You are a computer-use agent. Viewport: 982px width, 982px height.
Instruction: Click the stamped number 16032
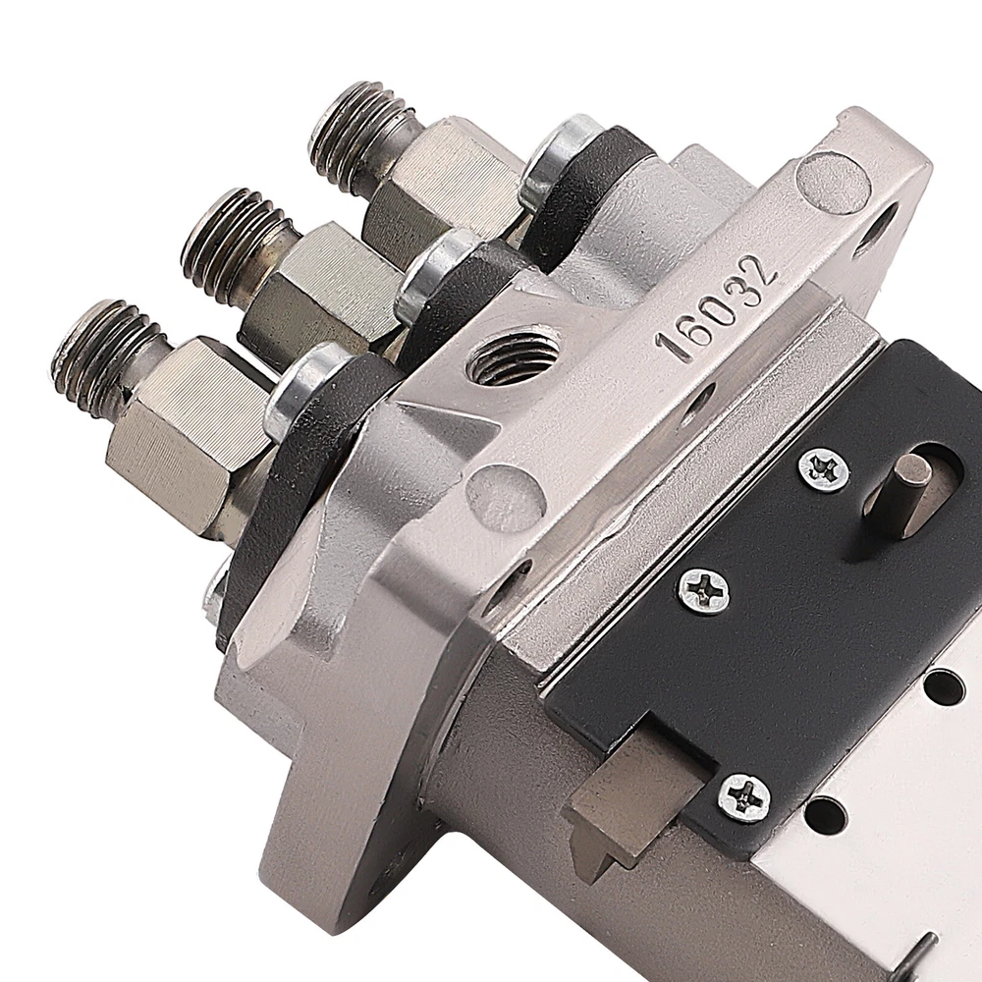point(716,305)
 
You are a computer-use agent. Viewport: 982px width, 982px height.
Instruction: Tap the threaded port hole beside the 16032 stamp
point(514,357)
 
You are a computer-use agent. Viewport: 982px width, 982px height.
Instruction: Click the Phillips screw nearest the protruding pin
point(823,468)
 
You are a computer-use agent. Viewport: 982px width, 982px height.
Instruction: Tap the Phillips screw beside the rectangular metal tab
point(743,797)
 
